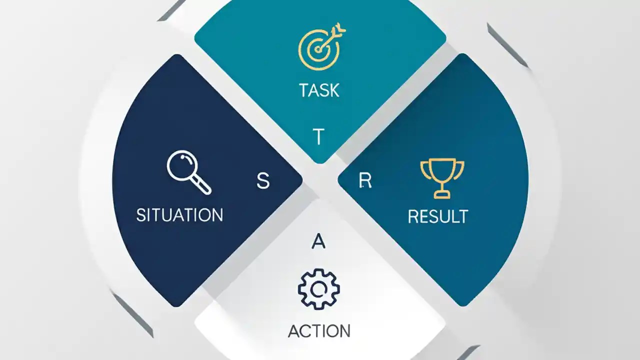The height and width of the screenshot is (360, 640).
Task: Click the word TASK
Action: click(x=319, y=90)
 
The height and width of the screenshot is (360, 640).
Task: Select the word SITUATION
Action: click(x=179, y=215)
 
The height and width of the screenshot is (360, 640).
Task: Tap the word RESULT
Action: click(x=438, y=216)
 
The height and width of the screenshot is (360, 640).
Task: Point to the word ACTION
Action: click(x=319, y=331)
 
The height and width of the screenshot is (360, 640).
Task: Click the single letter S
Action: click(x=263, y=181)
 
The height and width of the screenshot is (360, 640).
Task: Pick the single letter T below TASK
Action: click(x=318, y=137)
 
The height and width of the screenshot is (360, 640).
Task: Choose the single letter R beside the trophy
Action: click(x=365, y=181)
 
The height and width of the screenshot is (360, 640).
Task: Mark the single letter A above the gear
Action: click(x=318, y=241)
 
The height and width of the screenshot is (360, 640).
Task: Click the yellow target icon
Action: click(x=320, y=47)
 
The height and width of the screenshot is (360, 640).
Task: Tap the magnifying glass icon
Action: click(x=188, y=171)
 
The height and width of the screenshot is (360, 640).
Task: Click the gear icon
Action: click(x=319, y=289)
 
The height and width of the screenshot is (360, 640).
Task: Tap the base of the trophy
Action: click(x=442, y=194)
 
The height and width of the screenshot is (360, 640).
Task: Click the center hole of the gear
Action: click(x=319, y=289)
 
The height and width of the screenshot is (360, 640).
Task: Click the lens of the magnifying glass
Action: click(x=182, y=166)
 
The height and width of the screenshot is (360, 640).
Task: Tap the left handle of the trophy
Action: click(x=424, y=168)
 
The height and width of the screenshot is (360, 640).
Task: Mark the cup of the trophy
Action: click(x=442, y=170)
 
